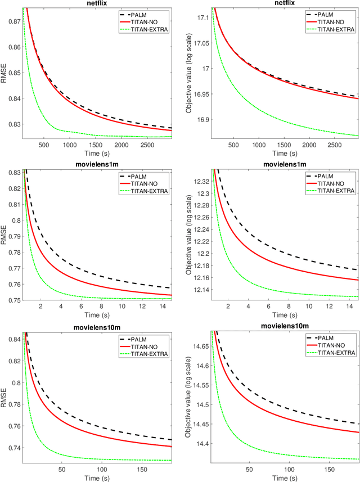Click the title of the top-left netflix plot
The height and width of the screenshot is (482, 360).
[x=97, y=3]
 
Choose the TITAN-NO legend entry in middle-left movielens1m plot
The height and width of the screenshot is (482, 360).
[x=145, y=182]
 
